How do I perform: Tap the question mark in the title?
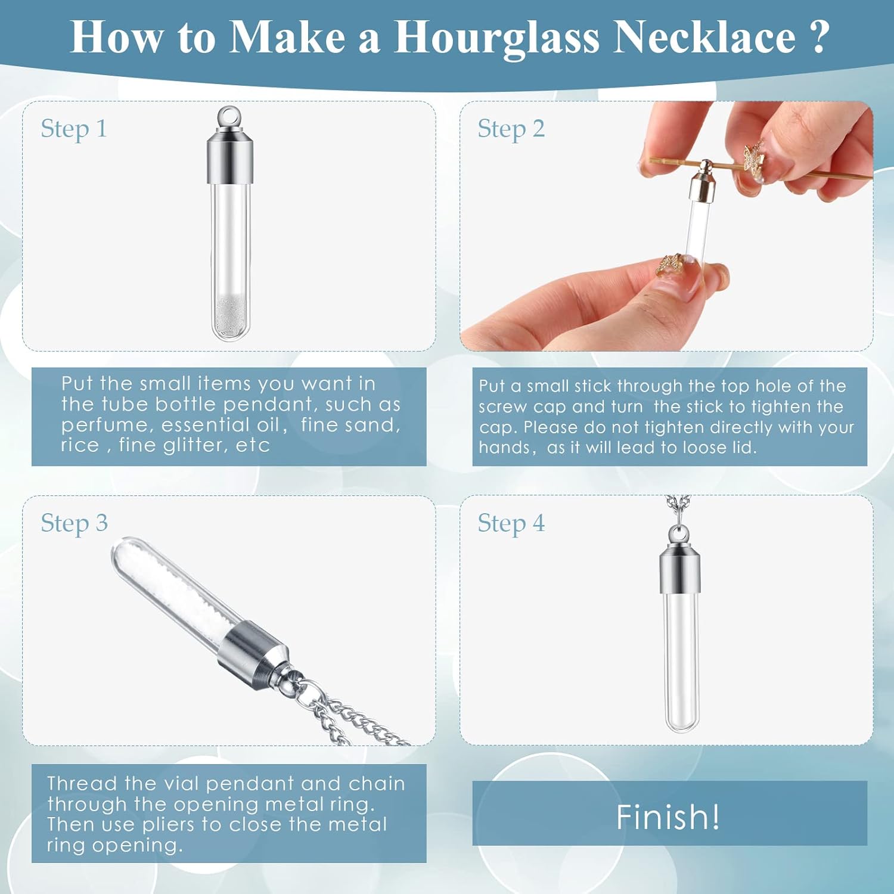click(x=820, y=37)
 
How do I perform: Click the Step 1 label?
click(x=74, y=129)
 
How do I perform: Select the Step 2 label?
click(x=511, y=129)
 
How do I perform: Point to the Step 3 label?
click(x=74, y=523)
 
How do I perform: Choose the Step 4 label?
click(x=511, y=523)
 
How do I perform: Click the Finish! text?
click(x=668, y=817)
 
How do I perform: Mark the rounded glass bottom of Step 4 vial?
click(x=682, y=722)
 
